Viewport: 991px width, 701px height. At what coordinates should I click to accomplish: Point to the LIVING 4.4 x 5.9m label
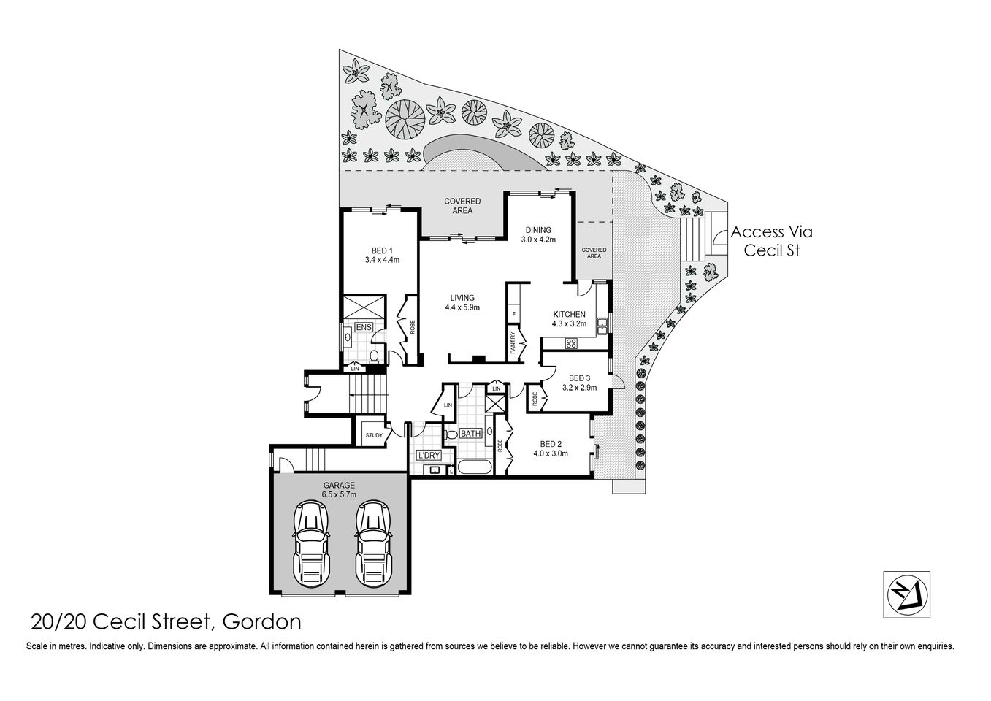[462, 302]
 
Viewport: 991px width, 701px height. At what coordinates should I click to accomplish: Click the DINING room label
[538, 234]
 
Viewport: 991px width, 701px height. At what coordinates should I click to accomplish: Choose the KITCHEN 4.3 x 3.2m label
[569, 318]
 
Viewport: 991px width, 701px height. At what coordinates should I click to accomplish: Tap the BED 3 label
[579, 383]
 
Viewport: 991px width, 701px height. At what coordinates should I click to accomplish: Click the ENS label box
[363, 328]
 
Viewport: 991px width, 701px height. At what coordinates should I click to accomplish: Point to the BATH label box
[470, 434]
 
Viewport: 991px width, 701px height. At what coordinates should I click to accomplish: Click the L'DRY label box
[429, 456]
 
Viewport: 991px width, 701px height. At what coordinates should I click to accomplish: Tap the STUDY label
[374, 436]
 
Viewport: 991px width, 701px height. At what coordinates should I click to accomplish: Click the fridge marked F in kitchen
[514, 315]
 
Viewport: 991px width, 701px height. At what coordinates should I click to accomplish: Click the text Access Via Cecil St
[771, 241]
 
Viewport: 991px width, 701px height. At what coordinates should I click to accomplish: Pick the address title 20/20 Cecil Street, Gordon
[166, 621]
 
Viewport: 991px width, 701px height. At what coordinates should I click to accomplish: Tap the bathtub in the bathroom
[475, 467]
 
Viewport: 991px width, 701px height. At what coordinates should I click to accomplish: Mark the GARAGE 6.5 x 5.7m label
[339, 489]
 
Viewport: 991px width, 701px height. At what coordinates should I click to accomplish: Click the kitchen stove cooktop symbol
[570, 343]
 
